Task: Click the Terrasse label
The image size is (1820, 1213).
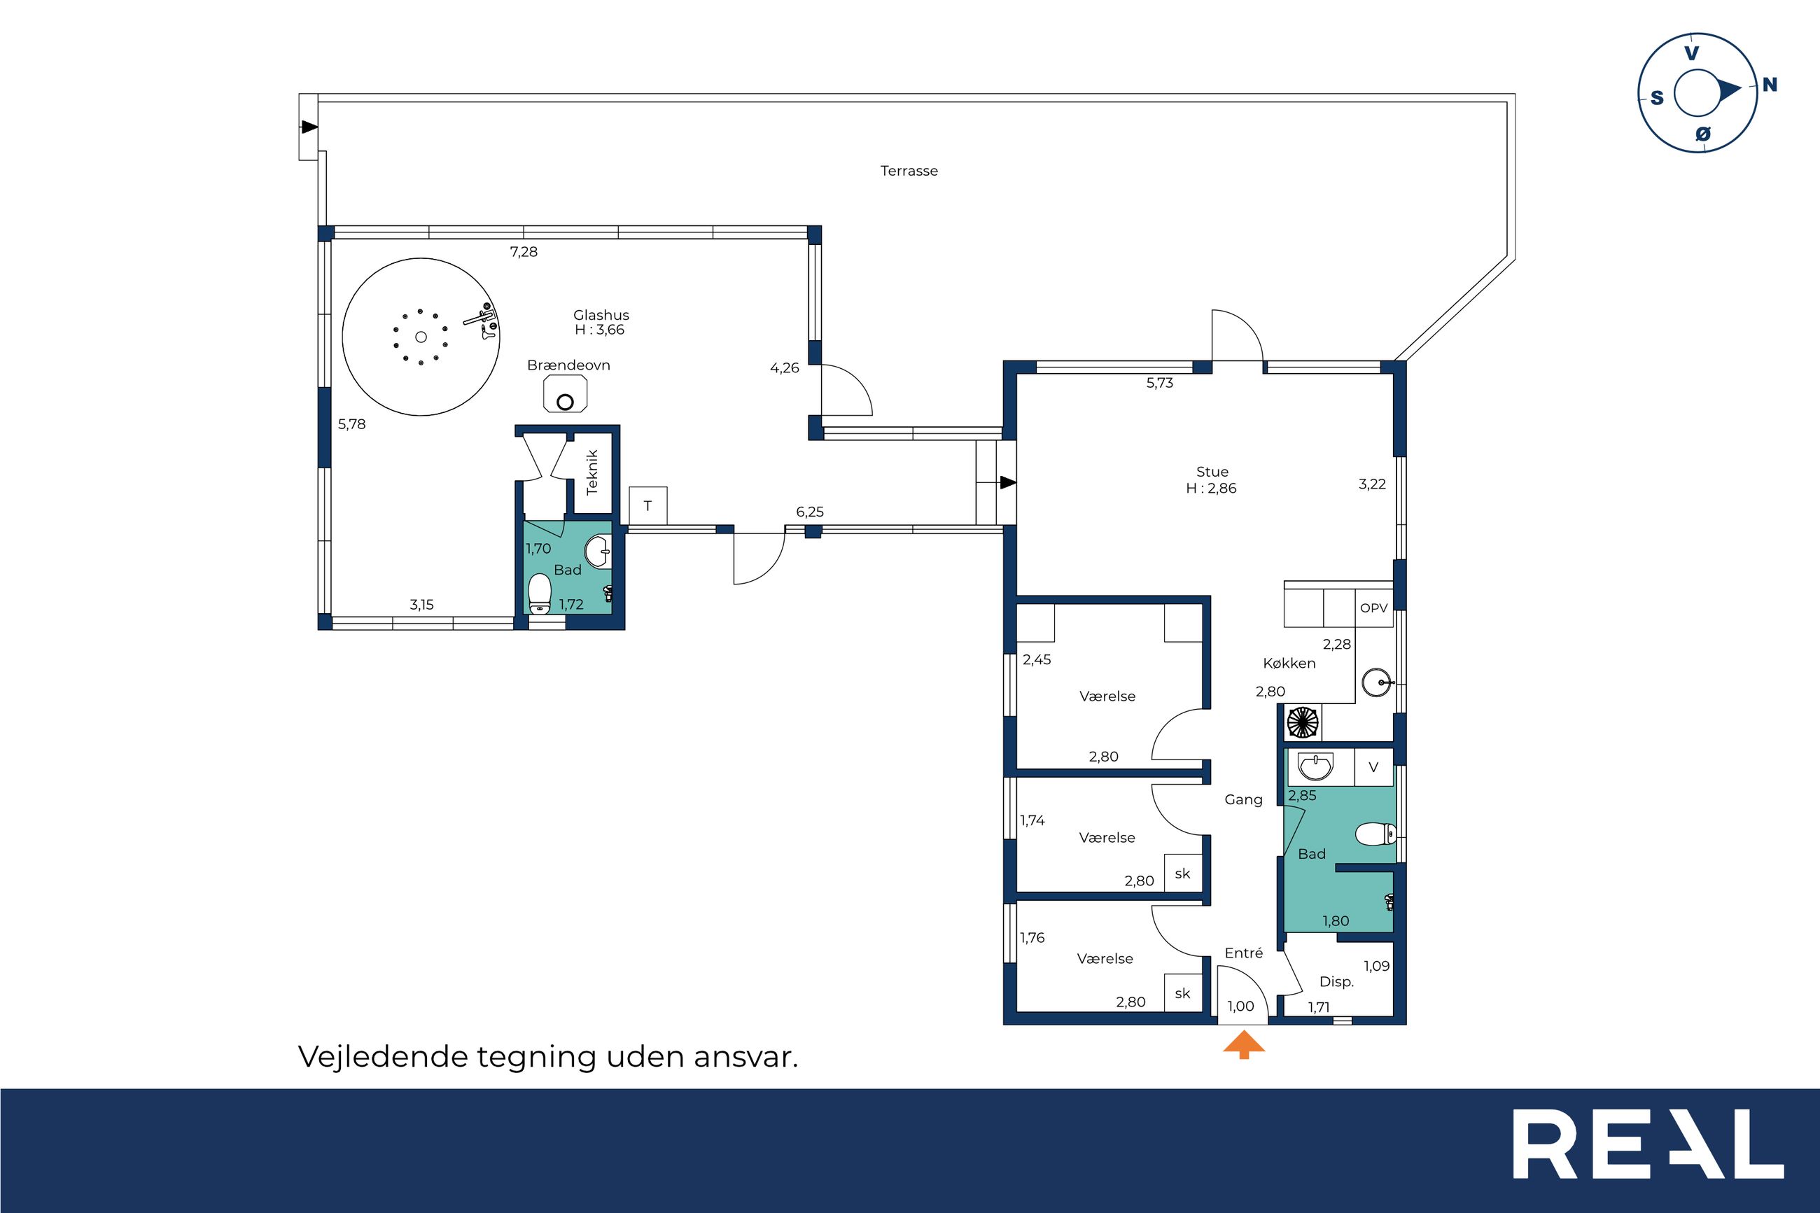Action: [x=909, y=171]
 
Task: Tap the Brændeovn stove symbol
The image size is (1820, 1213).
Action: [x=566, y=394]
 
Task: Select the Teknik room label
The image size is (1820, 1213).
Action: [x=592, y=472]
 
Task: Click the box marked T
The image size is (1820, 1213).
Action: [x=648, y=506]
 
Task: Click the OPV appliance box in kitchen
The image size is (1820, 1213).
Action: [x=1373, y=608]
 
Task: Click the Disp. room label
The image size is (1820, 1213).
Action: [x=1336, y=982]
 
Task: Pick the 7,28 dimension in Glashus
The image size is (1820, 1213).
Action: [x=524, y=251]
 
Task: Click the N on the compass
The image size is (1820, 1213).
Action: [x=1769, y=85]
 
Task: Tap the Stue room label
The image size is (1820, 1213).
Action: [x=1212, y=471]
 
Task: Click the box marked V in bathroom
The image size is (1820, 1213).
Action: [x=1373, y=767]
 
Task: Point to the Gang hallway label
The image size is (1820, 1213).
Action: [x=1244, y=800]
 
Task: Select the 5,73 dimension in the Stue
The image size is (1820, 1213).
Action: [x=1159, y=383]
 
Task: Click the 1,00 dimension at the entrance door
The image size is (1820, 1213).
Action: [x=1240, y=1007]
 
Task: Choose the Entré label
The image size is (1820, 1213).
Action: [x=1244, y=953]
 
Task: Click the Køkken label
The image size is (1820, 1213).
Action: [x=1289, y=663]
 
